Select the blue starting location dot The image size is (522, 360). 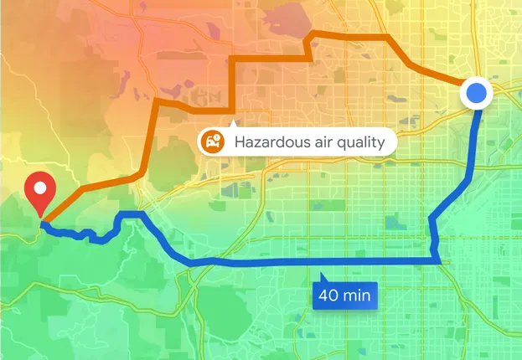pyautogui.click(x=477, y=93)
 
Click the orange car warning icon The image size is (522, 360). pyautogui.click(x=214, y=141)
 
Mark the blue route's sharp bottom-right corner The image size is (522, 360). pyautogui.click(x=438, y=263)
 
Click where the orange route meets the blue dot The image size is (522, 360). pyautogui.click(x=462, y=85)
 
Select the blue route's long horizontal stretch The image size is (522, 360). pyautogui.click(x=318, y=264)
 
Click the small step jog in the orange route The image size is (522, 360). pyautogui.click(x=311, y=49)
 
